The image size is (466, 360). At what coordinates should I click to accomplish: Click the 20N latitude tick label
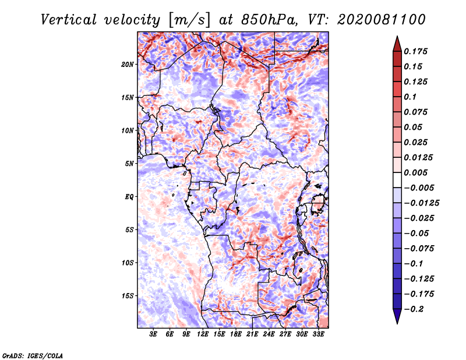tap(128, 65)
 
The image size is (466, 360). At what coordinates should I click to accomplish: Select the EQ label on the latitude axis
tap(129, 197)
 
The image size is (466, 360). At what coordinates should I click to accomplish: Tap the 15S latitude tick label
tap(128, 296)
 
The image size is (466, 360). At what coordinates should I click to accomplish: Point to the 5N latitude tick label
tap(129, 164)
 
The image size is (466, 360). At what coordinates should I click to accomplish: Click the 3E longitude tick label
tap(153, 334)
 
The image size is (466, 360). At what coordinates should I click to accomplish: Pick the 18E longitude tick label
tap(236, 334)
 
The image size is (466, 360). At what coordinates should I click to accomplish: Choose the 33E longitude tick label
tap(318, 334)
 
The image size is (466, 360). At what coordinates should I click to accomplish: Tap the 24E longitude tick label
tap(269, 334)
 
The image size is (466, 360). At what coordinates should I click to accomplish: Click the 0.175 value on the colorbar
tap(415, 51)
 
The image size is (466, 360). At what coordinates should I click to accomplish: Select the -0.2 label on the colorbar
tap(414, 309)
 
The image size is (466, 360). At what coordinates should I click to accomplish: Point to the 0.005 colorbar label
tap(415, 172)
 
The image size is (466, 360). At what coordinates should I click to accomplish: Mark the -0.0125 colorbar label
tap(421, 203)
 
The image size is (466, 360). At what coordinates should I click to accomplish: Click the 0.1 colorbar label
tap(410, 97)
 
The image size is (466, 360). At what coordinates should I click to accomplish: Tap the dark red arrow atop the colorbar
tap(397, 44)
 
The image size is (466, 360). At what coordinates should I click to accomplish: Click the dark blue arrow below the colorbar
tap(397, 316)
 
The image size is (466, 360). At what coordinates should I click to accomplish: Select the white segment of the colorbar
tap(397, 180)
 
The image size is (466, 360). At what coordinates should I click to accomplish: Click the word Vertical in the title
tap(69, 20)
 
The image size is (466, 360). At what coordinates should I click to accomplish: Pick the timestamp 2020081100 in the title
tap(382, 20)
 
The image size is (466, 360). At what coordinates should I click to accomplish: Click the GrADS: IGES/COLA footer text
tap(33, 355)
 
